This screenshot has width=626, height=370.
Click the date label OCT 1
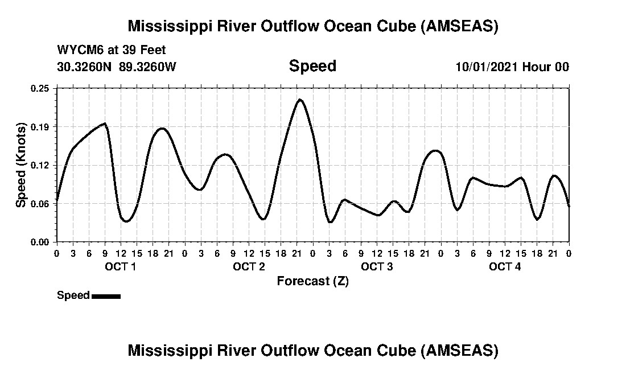coord(120,267)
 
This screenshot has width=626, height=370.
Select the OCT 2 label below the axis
coord(249,267)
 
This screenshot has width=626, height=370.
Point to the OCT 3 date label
coord(377,267)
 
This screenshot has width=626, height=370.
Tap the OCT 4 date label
coord(505,267)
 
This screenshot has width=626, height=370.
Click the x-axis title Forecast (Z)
coord(312,281)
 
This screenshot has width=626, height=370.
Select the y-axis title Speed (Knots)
coord(21,165)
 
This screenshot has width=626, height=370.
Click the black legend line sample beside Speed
coord(106,296)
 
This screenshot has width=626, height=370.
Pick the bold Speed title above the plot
coord(312,66)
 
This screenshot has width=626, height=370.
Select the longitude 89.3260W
coord(148,67)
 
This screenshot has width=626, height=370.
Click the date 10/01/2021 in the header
coord(487,67)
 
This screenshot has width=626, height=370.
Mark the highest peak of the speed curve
coord(300,100)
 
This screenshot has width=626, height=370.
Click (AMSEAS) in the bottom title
coord(460,350)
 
